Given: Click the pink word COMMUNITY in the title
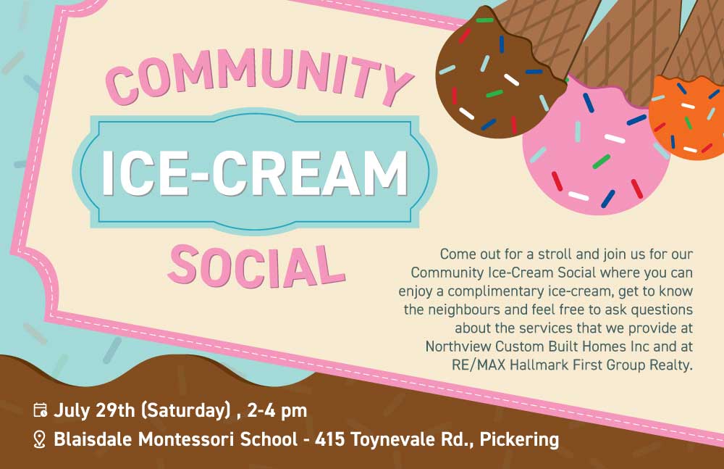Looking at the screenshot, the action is click(259, 76).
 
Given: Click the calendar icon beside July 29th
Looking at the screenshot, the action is click(40, 410).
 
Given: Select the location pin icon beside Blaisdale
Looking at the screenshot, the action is click(40, 439).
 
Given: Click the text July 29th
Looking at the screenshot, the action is click(94, 411).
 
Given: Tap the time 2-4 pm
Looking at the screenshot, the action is click(277, 411).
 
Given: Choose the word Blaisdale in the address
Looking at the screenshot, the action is click(93, 439).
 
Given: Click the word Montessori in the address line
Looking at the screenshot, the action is click(186, 439).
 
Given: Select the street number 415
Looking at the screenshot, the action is click(329, 439).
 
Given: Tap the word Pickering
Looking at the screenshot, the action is click(519, 439).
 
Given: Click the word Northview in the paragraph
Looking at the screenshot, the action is click(458, 346).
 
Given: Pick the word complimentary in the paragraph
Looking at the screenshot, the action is click(496, 291).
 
